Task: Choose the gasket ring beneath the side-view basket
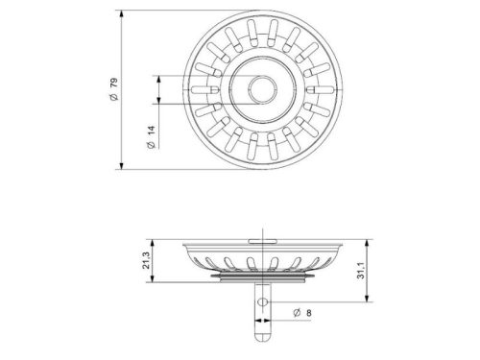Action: coord(257,280)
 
